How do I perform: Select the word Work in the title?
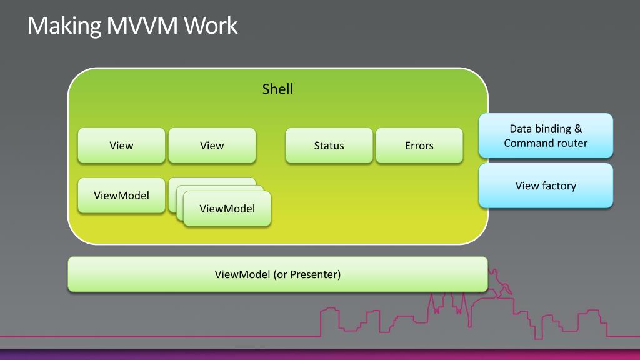click(x=210, y=26)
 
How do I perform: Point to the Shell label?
click(x=277, y=89)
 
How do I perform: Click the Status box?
click(x=329, y=146)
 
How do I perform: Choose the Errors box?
click(x=419, y=146)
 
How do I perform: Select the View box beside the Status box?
click(x=212, y=146)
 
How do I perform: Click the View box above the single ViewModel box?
click(x=121, y=146)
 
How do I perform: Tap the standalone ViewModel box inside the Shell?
click(x=121, y=195)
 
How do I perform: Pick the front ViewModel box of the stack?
click(x=227, y=209)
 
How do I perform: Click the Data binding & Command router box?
click(x=546, y=136)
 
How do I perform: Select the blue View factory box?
click(x=546, y=186)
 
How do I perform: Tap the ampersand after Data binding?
click(x=578, y=129)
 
